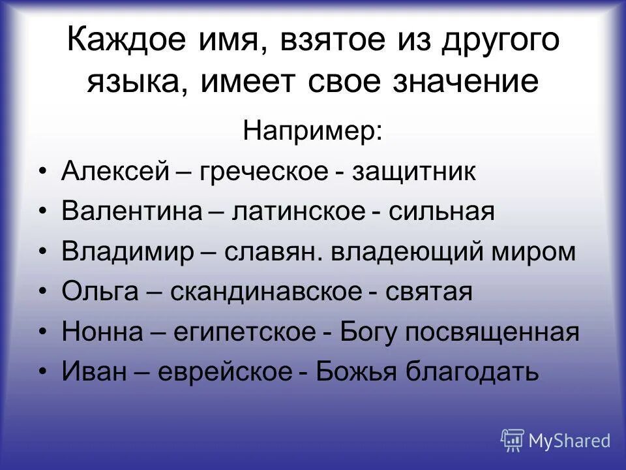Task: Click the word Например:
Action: point(313,131)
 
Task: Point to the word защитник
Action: point(415,172)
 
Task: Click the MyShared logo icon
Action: point(513,439)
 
